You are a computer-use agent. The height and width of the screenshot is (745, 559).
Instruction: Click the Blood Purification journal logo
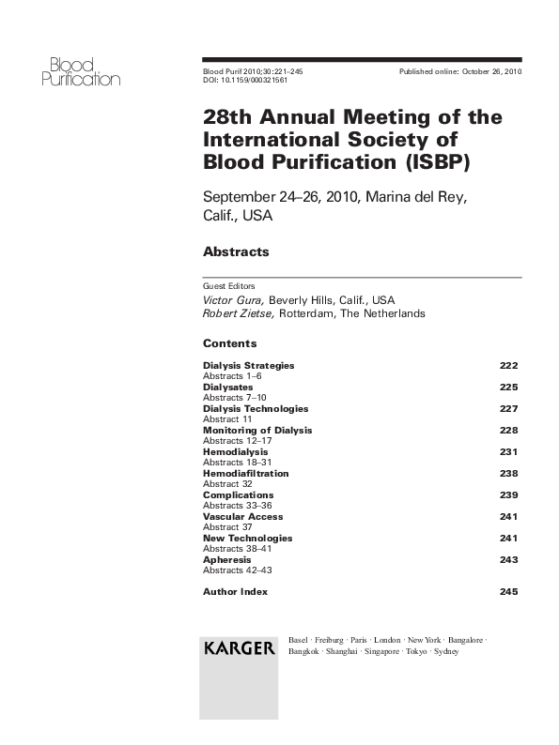tap(80, 71)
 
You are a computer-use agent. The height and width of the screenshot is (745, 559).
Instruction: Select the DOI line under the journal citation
tap(245, 81)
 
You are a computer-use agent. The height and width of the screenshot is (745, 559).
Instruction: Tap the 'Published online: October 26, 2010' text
tap(460, 71)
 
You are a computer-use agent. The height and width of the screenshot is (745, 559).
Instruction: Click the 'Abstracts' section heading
tap(236, 251)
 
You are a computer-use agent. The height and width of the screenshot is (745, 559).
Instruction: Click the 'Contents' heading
tap(229, 343)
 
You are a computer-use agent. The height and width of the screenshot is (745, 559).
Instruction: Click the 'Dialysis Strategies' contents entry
tap(248, 365)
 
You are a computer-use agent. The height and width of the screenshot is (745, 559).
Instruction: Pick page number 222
tap(508, 365)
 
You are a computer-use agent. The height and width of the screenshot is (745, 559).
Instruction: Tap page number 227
tap(508, 409)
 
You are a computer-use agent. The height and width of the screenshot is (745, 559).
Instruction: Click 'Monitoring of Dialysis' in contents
tap(257, 430)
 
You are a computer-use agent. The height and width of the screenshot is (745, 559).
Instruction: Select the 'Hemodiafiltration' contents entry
tap(246, 474)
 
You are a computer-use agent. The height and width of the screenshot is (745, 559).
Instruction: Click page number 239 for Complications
tap(508, 495)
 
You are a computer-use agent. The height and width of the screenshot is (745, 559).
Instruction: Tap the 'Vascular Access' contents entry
tap(242, 517)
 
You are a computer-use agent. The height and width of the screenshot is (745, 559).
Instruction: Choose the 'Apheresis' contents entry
tap(226, 560)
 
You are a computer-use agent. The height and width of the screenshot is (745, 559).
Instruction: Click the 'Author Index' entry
tap(235, 592)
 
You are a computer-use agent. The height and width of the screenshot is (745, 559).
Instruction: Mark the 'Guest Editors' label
tap(228, 286)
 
